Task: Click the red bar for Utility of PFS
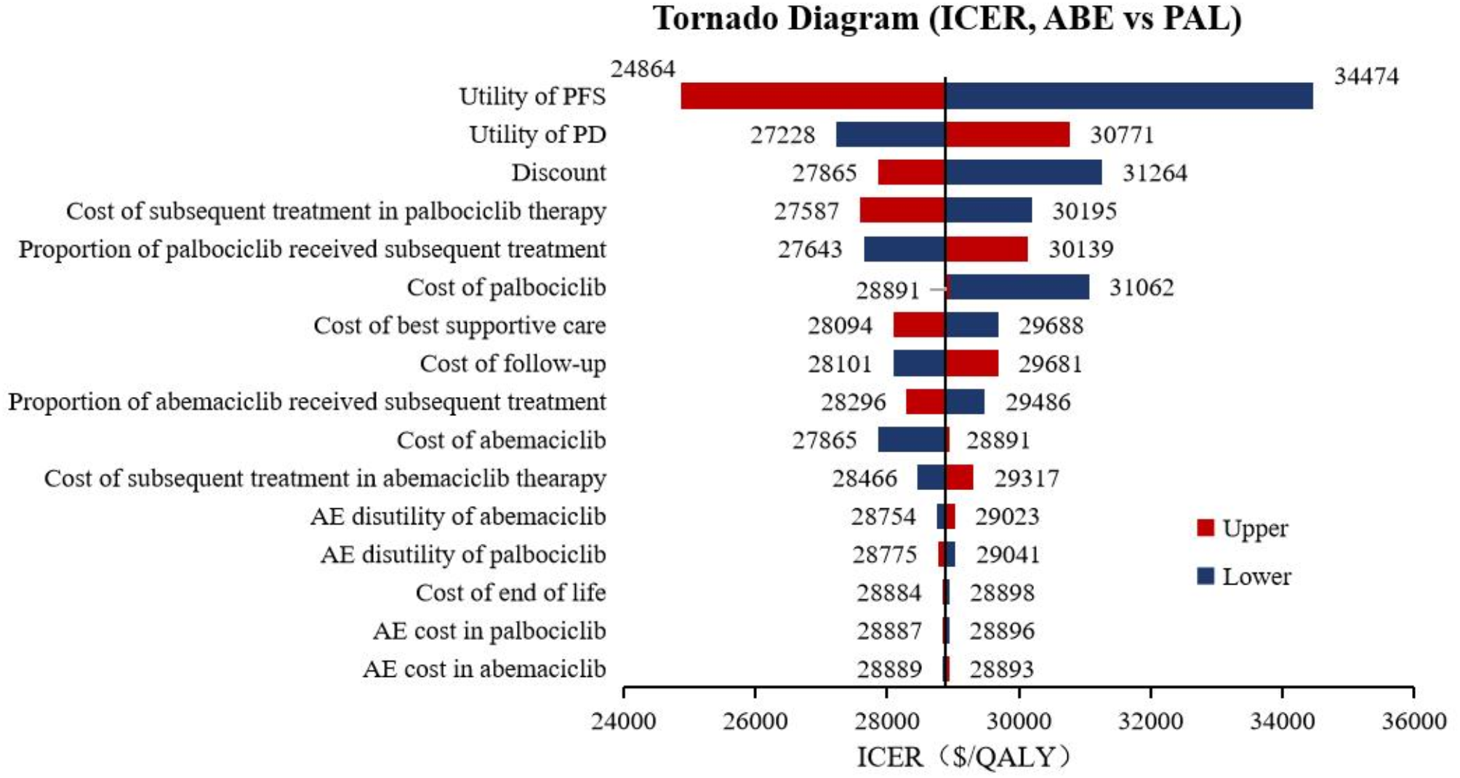[x=812, y=96]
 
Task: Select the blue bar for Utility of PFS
[x=1129, y=96]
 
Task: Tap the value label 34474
[x=1365, y=76]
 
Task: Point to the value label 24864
[x=643, y=69]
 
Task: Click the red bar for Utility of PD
[x=1008, y=135]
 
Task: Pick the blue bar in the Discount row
[x=1024, y=172]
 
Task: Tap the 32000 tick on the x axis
[x=1150, y=721]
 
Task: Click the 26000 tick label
[x=755, y=721]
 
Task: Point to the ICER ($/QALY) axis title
[x=964, y=757]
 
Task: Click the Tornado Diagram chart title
[x=947, y=18]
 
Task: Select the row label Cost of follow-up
[x=513, y=364]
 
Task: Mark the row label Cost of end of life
[x=510, y=593]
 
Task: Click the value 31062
[x=1141, y=287]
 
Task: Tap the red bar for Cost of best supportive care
[x=919, y=325]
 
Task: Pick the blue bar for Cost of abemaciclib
[x=911, y=440]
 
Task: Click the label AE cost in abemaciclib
[x=484, y=669]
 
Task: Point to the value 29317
[x=1026, y=478]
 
